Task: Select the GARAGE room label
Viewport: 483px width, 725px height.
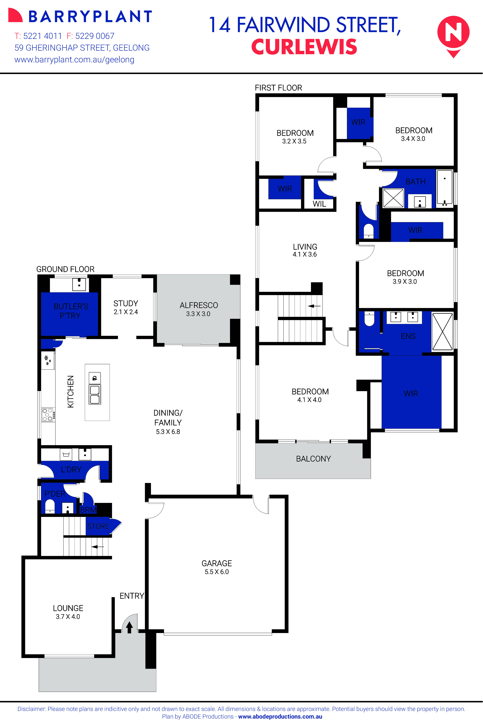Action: [x=217, y=563]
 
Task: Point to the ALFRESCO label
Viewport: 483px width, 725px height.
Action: [x=199, y=305]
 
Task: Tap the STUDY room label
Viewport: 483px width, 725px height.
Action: [x=126, y=303]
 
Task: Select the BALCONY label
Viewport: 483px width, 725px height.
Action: [x=313, y=459]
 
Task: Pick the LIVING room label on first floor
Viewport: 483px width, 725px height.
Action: [x=305, y=247]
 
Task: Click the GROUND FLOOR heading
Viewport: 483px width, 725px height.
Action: [x=65, y=269]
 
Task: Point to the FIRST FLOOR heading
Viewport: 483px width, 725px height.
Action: [x=278, y=88]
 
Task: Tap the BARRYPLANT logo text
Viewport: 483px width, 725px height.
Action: [x=90, y=17]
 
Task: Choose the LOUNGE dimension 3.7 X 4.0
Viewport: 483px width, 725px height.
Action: [x=68, y=617]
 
